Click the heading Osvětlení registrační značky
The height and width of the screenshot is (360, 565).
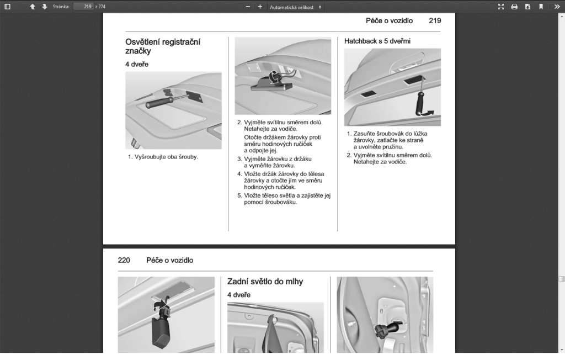point(163,46)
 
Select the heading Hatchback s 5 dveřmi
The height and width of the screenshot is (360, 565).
point(377,41)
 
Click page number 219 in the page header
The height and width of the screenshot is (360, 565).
point(435,21)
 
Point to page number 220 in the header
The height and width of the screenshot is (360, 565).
point(124,260)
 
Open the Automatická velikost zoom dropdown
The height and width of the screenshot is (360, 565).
point(296,7)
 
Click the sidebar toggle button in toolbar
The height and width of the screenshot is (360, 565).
point(8,7)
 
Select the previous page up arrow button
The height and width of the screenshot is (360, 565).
point(33,7)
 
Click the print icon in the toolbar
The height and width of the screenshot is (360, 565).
point(514,7)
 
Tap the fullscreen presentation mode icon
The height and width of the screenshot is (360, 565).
point(501,7)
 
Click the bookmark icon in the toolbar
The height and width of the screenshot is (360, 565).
point(541,7)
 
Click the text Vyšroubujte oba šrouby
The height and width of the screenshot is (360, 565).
point(166,157)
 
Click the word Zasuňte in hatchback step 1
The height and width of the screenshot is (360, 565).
point(365,134)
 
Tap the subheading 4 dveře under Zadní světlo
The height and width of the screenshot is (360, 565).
point(239,295)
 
